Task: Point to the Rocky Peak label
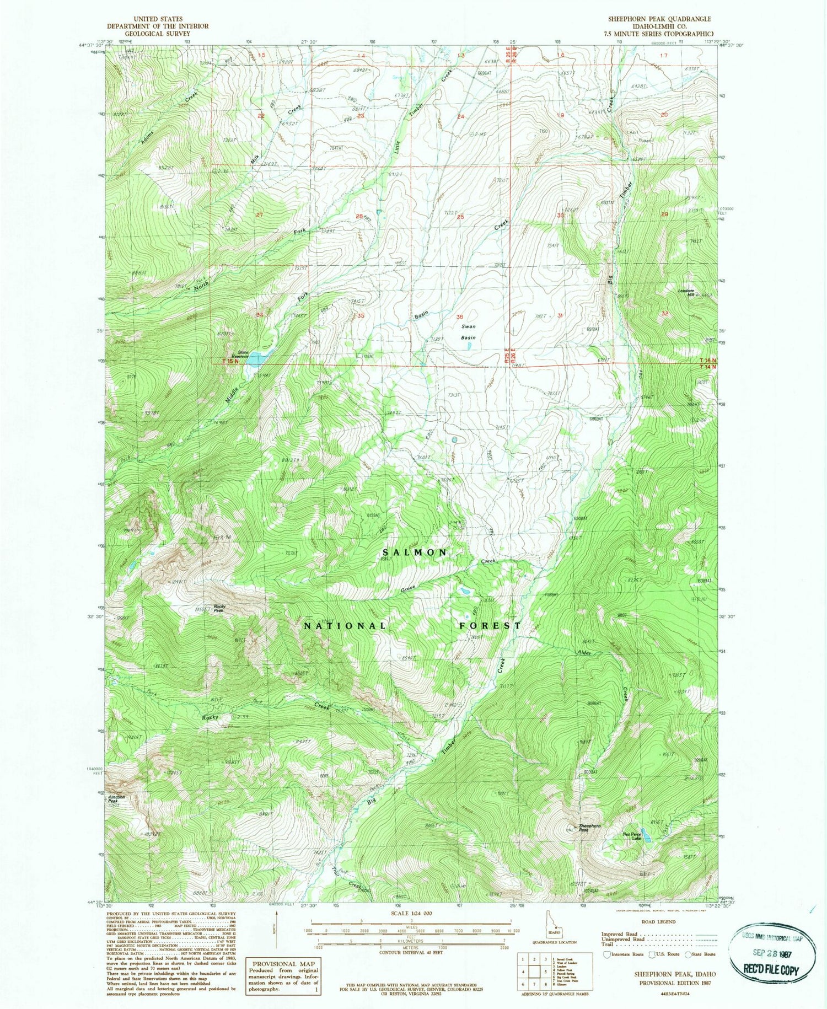pos(219,608)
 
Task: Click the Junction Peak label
pos(116,798)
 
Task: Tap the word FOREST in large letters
pos(490,625)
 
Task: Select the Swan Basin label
pos(469,332)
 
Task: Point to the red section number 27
pos(259,215)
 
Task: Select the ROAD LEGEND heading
pos(658,921)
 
